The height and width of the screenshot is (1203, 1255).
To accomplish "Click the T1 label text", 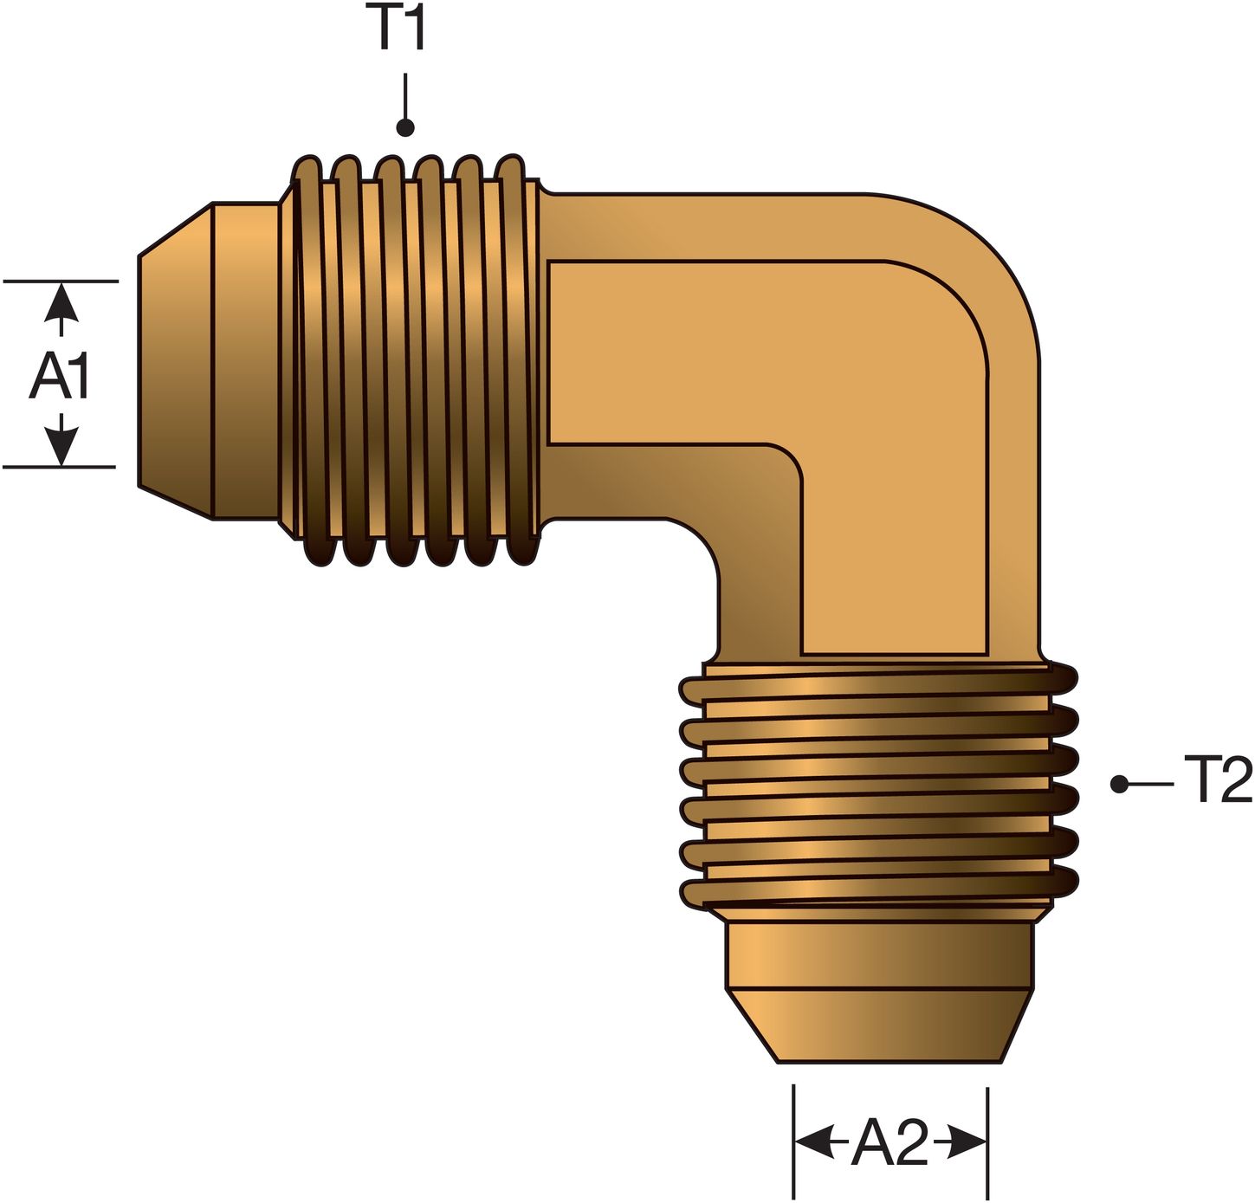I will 401,29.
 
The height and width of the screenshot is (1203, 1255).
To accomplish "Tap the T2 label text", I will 1217,780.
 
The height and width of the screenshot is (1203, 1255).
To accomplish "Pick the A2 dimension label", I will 889,1143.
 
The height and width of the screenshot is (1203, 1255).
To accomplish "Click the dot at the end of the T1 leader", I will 405,128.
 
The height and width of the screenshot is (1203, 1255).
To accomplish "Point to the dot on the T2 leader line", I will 1120,784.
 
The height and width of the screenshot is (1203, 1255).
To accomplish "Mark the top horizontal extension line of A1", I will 60,281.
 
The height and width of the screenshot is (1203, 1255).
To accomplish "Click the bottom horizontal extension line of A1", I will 60,467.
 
